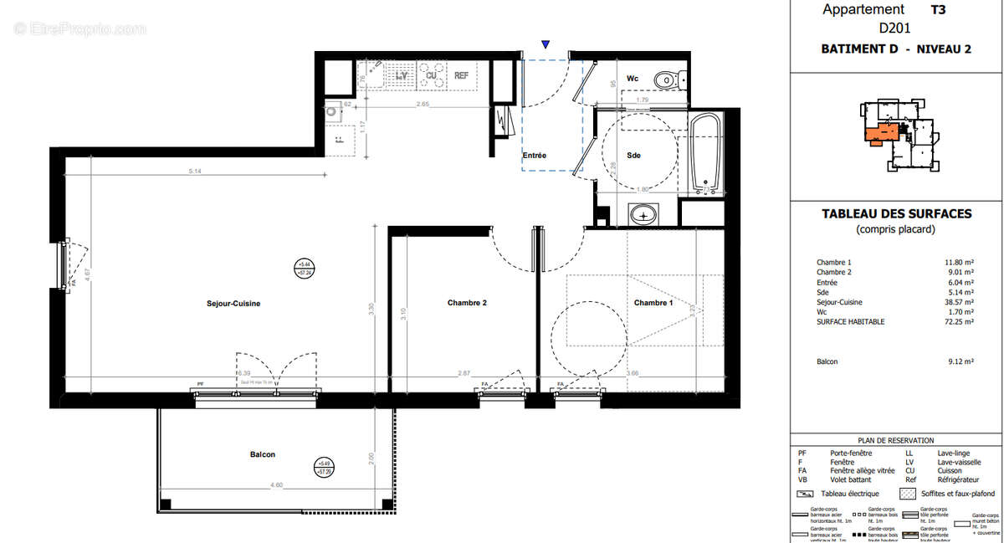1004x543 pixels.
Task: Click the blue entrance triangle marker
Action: [546, 44]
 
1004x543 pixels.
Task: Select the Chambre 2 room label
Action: [467, 303]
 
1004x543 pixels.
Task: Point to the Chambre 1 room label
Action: [653, 303]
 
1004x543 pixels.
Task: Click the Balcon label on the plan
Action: [262, 454]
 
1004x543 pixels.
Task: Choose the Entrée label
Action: [535, 156]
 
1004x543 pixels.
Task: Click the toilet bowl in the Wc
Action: [666, 80]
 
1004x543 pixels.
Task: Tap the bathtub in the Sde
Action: [706, 154]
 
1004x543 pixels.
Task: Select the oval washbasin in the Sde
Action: [643, 215]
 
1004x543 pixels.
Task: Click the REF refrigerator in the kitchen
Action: [461, 76]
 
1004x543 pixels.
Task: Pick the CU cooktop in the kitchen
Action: [432, 75]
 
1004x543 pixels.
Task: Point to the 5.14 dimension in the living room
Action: [194, 171]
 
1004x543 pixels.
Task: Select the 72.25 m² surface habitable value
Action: [959, 321]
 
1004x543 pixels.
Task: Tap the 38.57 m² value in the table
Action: [959, 302]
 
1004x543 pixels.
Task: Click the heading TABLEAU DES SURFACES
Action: [896, 214]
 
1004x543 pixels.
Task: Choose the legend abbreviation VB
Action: [804, 479]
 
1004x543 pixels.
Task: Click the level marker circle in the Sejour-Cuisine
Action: [304, 269]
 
